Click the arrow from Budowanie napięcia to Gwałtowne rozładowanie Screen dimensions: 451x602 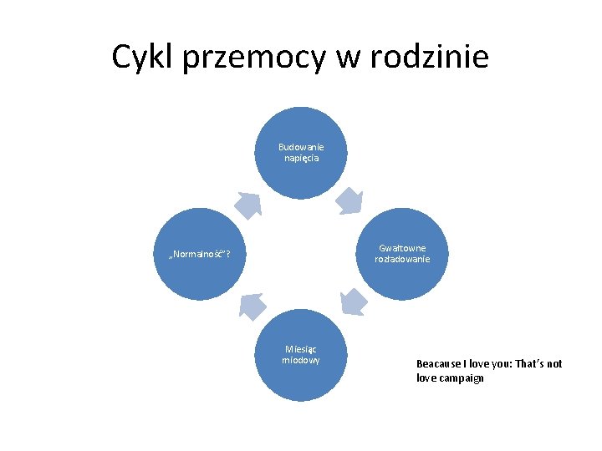[349, 200]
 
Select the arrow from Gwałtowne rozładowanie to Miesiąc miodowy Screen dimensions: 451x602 [354, 302]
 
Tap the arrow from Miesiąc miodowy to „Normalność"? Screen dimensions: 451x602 [251, 306]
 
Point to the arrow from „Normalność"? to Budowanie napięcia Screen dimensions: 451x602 [248, 205]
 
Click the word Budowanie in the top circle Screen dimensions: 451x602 [300, 147]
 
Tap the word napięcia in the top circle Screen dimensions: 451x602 [300, 158]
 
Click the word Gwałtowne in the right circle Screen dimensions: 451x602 [402, 248]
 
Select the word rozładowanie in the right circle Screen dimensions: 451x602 [402, 259]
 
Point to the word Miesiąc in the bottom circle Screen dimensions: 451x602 [300, 349]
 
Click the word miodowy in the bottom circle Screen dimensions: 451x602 [300, 360]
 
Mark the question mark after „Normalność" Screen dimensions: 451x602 [229, 254]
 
